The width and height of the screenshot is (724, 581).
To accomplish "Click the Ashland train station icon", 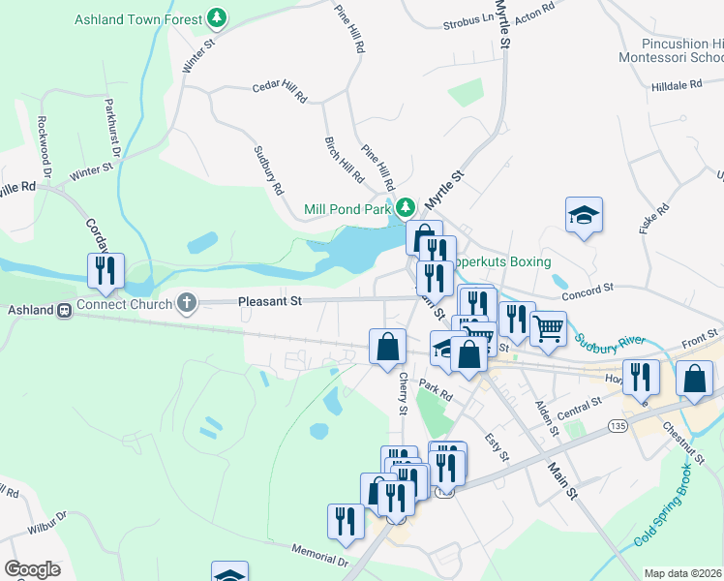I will pyautogui.click(x=65, y=311).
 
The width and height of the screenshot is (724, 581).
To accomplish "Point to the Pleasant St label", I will pyautogui.click(x=270, y=301).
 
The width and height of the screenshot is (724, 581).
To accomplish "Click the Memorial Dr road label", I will pyautogui.click(x=319, y=555).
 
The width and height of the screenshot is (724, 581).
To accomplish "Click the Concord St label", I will pyautogui.click(x=588, y=288).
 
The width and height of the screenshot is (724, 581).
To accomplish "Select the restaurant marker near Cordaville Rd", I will pyautogui.click(x=106, y=271).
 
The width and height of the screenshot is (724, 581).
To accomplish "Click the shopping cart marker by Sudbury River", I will pyautogui.click(x=548, y=326).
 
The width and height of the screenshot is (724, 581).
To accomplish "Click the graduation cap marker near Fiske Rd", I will pyautogui.click(x=585, y=213).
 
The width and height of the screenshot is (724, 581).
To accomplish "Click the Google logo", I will pyautogui.click(x=32, y=569).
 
